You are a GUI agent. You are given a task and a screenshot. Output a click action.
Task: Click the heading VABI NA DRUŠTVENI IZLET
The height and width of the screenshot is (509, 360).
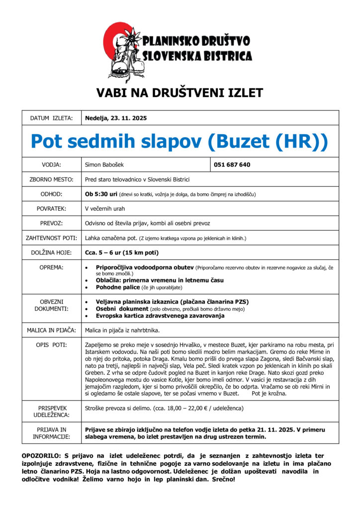coord(180,92)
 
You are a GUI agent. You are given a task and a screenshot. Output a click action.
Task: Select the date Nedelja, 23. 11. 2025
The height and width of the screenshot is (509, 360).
coord(116,118)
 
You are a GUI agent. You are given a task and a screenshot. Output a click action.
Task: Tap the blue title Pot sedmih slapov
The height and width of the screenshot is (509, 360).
coord(180,141)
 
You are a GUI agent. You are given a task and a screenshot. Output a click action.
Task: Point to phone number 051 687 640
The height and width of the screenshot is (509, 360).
coord(232,165)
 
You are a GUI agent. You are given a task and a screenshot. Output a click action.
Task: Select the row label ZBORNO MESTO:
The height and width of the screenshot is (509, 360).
coord(51,179)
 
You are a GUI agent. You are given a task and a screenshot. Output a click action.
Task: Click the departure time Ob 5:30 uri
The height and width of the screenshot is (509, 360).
coord(101,194)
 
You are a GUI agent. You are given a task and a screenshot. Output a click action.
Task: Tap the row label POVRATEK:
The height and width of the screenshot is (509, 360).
coord(51,209)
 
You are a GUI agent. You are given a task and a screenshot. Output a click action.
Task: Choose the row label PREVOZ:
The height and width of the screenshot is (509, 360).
coord(51,224)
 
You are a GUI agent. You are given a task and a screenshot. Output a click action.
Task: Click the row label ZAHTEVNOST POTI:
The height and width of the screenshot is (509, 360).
coord(51,238)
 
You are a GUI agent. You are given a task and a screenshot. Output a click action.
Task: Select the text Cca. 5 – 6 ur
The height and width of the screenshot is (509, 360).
coord(103,253)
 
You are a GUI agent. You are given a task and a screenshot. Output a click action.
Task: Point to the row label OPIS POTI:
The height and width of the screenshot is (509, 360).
coord(51,344)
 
